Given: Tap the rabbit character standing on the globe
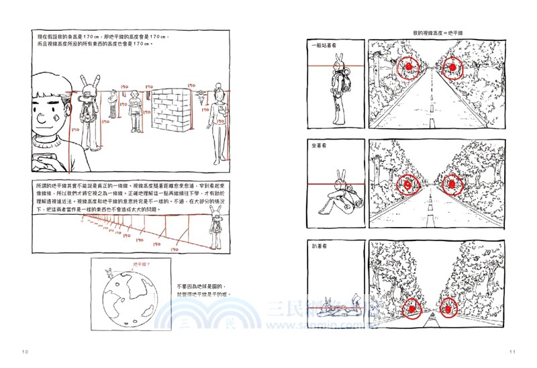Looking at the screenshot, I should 108,273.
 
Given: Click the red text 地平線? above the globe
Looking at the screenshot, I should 142,265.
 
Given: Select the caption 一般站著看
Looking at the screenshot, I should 324,44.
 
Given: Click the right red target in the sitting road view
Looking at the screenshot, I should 452,182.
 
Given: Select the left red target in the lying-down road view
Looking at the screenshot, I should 409,308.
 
